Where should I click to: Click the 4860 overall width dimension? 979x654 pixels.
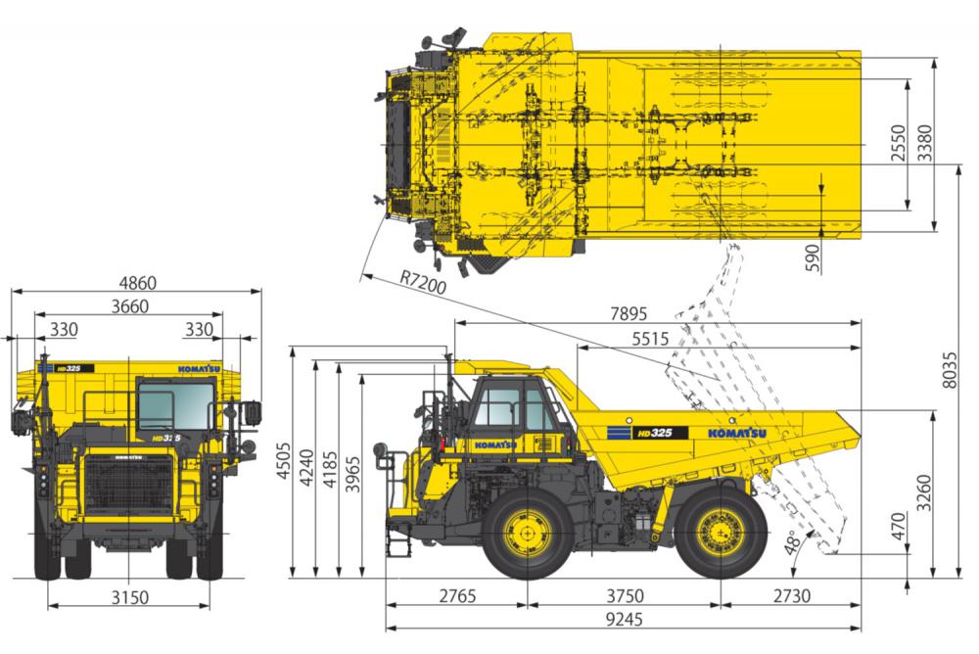tap(137, 283)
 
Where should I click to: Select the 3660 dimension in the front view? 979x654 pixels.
tap(130, 306)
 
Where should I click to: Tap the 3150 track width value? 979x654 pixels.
tap(130, 598)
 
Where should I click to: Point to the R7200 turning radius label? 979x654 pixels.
tap(423, 283)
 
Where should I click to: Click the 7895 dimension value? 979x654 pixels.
tap(629, 313)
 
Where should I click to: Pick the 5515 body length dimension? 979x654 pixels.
tap(650, 339)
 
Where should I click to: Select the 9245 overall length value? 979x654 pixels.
tap(624, 619)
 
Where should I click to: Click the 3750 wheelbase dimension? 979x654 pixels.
tap(625, 596)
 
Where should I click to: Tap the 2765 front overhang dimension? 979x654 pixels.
tap(457, 596)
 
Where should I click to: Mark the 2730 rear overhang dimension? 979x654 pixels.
tap(792, 596)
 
